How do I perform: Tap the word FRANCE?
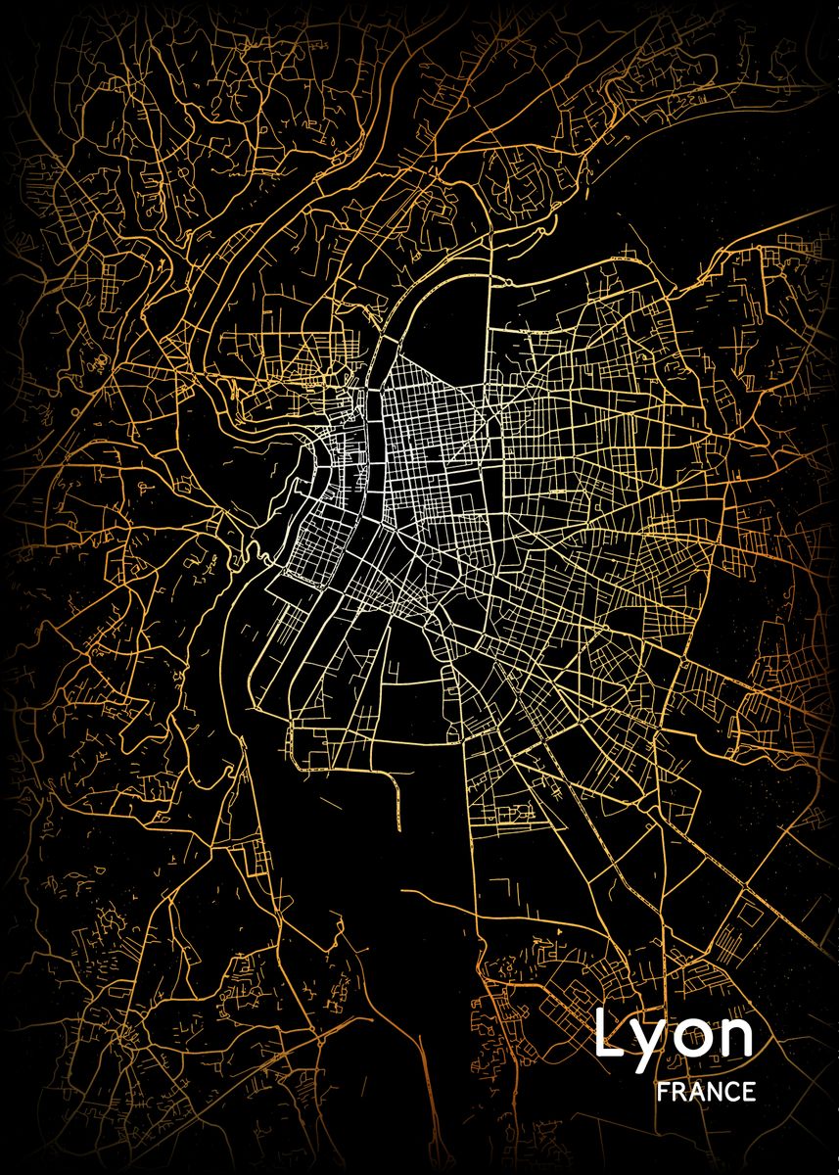click(x=707, y=1092)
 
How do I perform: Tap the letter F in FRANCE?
click(x=664, y=1092)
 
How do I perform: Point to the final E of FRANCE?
click(x=749, y=1092)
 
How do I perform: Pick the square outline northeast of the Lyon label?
click(x=748, y=916)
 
